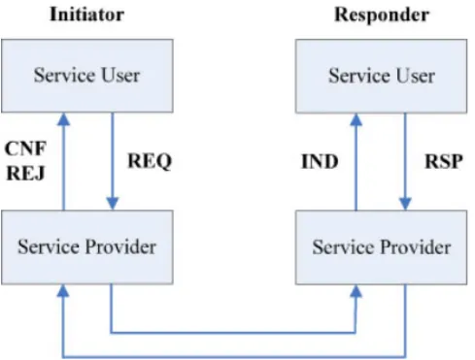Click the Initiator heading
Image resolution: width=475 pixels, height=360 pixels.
[x=86, y=15]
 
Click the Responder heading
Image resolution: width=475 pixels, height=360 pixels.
[x=382, y=15]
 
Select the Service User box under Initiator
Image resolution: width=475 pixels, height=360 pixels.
[x=87, y=76]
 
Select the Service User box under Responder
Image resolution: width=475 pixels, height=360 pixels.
[x=381, y=77]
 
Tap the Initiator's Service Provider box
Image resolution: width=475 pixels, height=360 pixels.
[x=87, y=247]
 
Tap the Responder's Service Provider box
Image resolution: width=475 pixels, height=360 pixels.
[x=381, y=247]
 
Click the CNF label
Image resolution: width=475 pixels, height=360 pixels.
[x=26, y=148]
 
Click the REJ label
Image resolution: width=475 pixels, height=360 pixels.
[x=25, y=173]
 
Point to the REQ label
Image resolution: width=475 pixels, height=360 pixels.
[x=150, y=161]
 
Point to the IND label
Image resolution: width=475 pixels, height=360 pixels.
[x=320, y=161]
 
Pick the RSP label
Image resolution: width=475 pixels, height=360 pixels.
[x=444, y=161]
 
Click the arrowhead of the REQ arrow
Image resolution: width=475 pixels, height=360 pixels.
[x=113, y=204]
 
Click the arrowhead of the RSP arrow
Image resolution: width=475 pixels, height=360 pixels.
[x=405, y=204]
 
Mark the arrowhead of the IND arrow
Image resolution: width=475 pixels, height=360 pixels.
[x=356, y=119]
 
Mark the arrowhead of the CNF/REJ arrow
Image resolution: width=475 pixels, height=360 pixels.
[x=63, y=119]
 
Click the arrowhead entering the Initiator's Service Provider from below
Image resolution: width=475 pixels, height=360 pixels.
[x=63, y=291]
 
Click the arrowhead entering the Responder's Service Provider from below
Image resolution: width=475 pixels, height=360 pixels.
[x=356, y=291]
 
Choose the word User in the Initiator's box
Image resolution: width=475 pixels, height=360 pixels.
[x=120, y=76]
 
